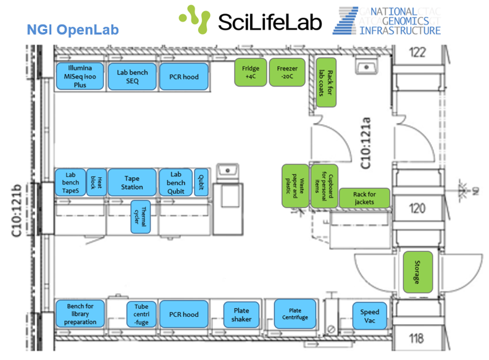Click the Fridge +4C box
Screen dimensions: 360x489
[x=251, y=72]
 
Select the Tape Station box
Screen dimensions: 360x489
[x=132, y=182]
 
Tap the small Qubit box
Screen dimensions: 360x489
[x=201, y=182]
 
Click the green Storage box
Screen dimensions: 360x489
[x=416, y=272]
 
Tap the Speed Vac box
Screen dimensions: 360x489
[x=370, y=316]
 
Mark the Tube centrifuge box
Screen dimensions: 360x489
[x=141, y=314]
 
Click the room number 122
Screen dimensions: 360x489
[x=418, y=53]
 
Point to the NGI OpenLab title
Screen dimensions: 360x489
[x=72, y=30]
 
